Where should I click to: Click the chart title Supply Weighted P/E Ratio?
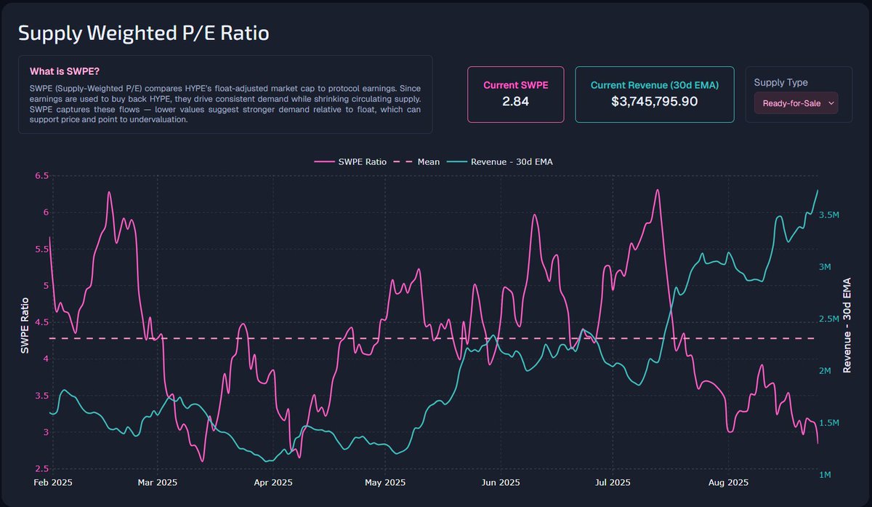pos(143,33)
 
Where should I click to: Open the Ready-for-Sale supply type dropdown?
pos(796,103)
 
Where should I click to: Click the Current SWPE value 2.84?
pos(515,101)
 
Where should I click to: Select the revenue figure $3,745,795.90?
pos(655,101)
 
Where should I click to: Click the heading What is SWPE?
pos(65,72)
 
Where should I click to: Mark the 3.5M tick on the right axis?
pos(830,215)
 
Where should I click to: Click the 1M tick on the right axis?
pos(826,475)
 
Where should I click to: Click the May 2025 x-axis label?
pos(384,482)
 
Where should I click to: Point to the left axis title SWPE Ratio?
pos(24,326)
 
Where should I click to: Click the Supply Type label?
pos(780,82)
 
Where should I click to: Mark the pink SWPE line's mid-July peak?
pos(657,191)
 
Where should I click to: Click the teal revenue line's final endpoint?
pos(817,191)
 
